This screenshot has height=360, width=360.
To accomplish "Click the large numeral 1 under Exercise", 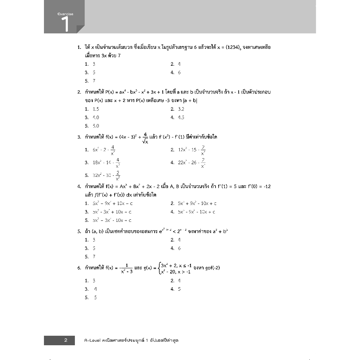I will [x=65, y=24].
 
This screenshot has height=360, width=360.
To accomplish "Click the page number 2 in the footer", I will [x=66, y=340].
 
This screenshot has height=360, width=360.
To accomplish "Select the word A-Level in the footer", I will [x=93, y=340].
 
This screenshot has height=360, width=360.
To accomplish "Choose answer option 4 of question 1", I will [x=175, y=72].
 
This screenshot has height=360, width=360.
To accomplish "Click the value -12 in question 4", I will [x=266, y=186].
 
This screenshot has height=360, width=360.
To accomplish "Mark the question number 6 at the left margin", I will [x=79, y=268].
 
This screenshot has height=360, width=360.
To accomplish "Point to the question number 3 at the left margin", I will [x=79, y=137].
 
